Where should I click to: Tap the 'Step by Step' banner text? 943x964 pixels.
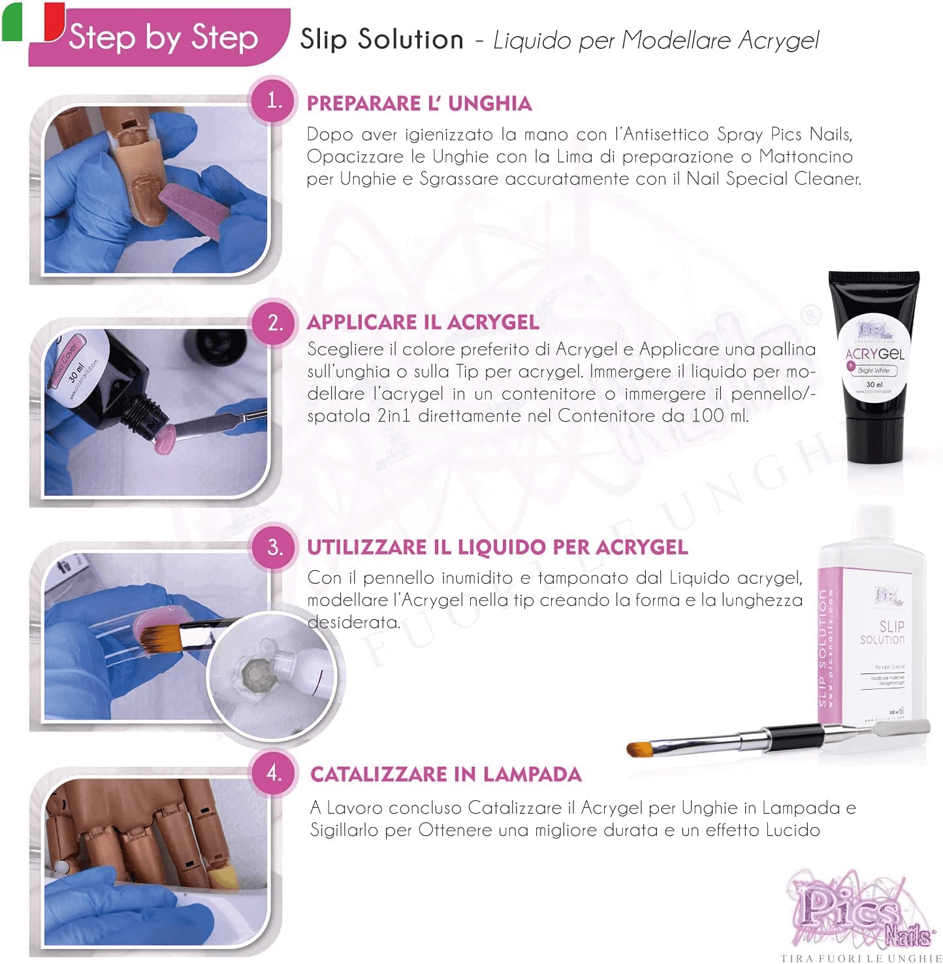pyautogui.click(x=163, y=37)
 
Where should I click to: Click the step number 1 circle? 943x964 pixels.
pyautogui.click(x=274, y=101)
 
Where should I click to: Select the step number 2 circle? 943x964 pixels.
pyautogui.click(x=275, y=323)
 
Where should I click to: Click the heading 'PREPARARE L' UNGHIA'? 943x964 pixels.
pyautogui.click(x=419, y=103)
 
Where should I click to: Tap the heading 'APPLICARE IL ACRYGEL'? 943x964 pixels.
pyautogui.click(x=423, y=322)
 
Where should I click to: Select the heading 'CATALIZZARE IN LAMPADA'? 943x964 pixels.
pyautogui.click(x=445, y=774)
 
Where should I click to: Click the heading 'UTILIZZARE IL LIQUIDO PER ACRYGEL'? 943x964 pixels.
pyautogui.click(x=497, y=547)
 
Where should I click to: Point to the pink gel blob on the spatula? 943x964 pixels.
pyautogui.click(x=163, y=437)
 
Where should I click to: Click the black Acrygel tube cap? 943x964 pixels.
pyautogui.click(x=874, y=280)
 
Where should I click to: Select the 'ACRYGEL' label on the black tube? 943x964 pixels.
pyautogui.click(x=874, y=354)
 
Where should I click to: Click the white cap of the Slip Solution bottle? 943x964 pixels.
pyautogui.click(x=873, y=523)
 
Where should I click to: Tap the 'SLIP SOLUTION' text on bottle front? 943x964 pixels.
pyautogui.click(x=882, y=633)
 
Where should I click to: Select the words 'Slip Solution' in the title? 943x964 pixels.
pyautogui.click(x=381, y=40)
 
